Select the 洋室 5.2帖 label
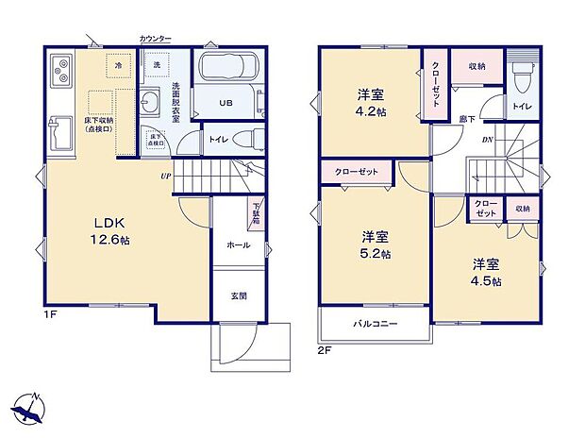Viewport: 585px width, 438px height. click(376, 244)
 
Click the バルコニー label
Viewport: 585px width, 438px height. click(376, 324)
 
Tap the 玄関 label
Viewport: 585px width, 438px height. click(240, 295)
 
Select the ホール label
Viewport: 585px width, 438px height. click(238, 244)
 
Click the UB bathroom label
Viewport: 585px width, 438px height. click(226, 102)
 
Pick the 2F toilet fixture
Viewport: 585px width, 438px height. click(522, 76)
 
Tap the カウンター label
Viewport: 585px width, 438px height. click(155, 39)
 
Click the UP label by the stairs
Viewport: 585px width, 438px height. click(166, 177)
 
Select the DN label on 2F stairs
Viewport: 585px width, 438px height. click(487, 141)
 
